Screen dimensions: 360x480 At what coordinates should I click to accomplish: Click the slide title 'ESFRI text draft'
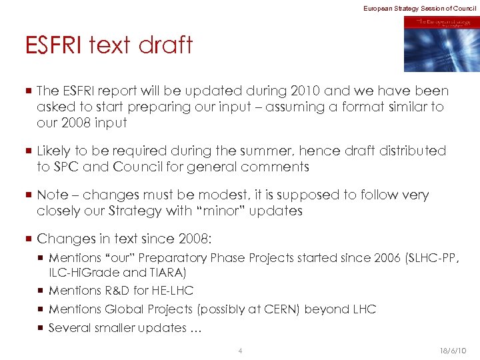[x=109, y=45]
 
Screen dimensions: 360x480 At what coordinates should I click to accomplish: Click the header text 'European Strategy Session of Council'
[x=419, y=7]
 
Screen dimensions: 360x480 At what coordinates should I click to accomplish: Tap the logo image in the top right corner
[x=441, y=44]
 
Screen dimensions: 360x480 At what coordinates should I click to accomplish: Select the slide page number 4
[x=240, y=351]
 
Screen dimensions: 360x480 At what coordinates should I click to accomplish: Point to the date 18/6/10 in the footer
[x=453, y=351]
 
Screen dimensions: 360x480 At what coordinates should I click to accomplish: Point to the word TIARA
[x=167, y=272]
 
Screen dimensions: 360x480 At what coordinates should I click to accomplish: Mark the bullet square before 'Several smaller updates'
[x=41, y=328]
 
